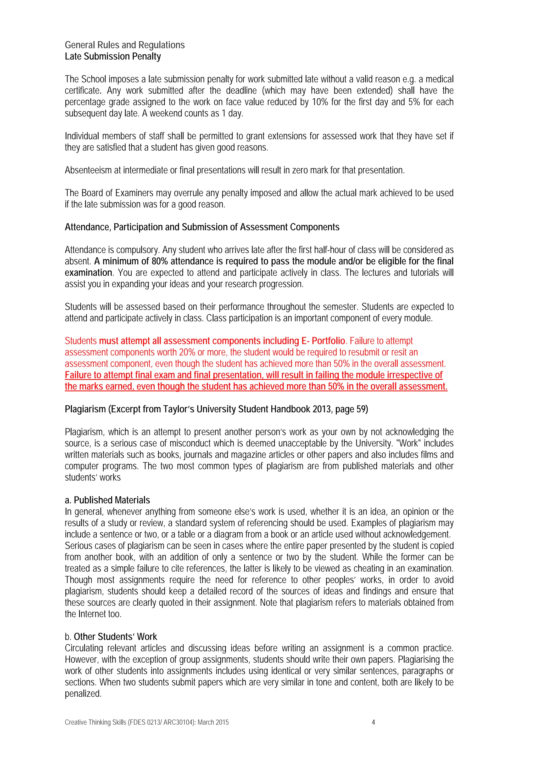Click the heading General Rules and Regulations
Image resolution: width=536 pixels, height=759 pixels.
125,45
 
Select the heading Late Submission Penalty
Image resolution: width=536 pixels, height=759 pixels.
113,57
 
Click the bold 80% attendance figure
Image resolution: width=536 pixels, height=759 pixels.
160,261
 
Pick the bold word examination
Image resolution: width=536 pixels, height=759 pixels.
88,273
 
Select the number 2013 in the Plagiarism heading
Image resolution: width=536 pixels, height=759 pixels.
322,409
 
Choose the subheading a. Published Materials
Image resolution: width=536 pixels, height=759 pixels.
107,500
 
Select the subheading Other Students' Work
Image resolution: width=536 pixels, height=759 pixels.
115,637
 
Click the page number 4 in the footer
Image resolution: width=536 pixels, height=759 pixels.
373,722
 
